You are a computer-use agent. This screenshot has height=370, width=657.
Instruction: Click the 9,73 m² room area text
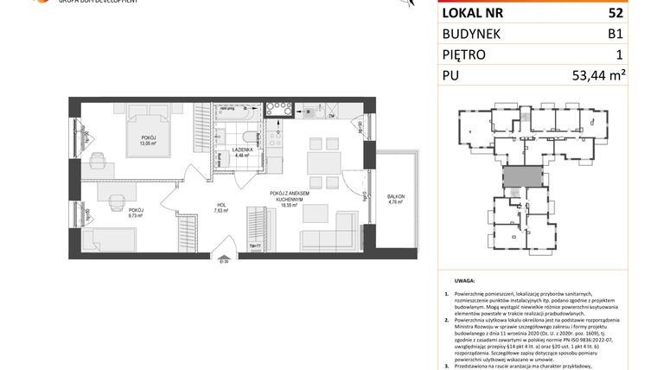click(136, 215)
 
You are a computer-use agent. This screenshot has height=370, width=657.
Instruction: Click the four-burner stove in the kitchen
click(278, 110)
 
